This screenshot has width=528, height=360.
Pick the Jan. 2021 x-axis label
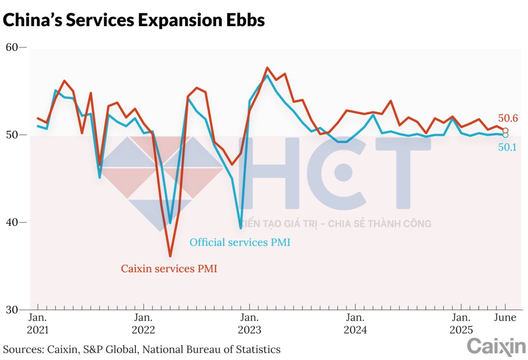coord(38,324)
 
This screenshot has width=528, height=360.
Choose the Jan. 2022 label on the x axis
coord(143,324)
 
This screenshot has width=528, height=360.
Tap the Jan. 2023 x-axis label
coord(249,324)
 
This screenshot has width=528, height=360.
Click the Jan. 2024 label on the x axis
coord(355,324)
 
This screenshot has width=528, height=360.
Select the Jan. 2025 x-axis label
coord(461,324)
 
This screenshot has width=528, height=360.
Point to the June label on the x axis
coord(505,317)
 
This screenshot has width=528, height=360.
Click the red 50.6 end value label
coord(508,118)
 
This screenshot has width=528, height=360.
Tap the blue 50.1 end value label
coord(507,147)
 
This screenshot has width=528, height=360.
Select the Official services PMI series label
coord(240,242)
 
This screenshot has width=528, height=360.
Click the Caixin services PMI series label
coord(169,269)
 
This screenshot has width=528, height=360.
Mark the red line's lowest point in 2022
coord(170,256)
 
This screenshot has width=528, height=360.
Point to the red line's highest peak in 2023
coord(267,68)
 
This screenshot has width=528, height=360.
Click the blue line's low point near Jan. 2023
coord(241,228)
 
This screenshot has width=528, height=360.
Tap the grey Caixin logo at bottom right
coord(496,347)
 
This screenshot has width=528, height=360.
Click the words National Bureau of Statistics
coord(212,349)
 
